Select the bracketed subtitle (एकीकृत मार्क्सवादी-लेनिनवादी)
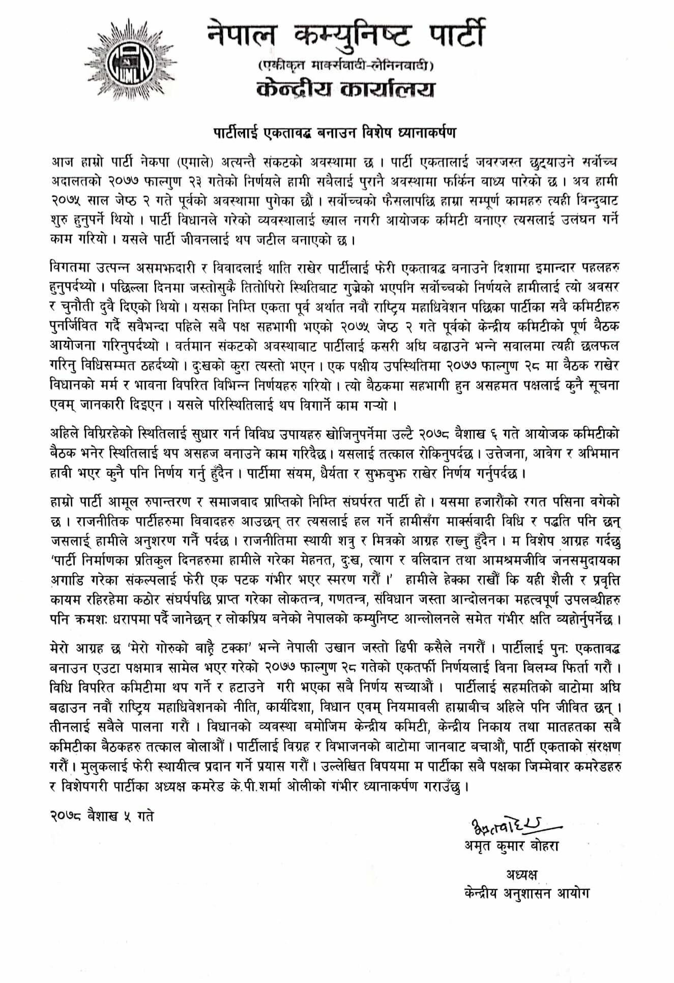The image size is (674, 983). point(345,66)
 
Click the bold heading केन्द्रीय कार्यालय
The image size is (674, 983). point(346,90)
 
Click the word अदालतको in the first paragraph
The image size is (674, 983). point(74,180)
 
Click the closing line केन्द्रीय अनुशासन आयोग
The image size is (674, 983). point(526,893)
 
